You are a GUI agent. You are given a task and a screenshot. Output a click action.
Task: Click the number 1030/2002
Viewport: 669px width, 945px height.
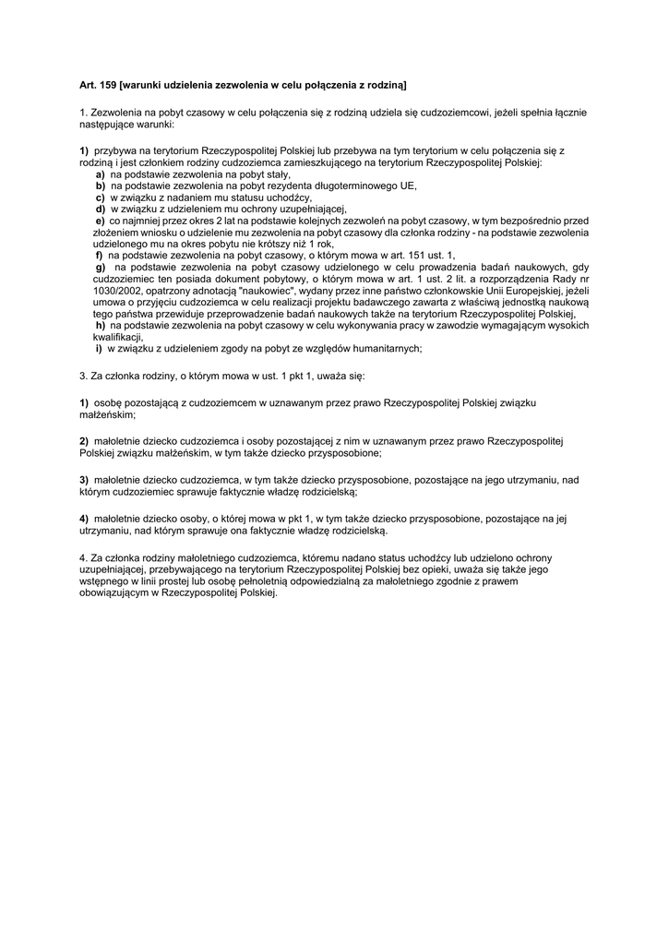pos(104,290)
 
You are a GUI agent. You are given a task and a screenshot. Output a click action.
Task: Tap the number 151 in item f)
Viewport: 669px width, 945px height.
pos(418,255)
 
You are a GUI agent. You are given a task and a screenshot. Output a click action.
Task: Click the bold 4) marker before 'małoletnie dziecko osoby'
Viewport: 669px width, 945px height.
pos(84,519)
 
